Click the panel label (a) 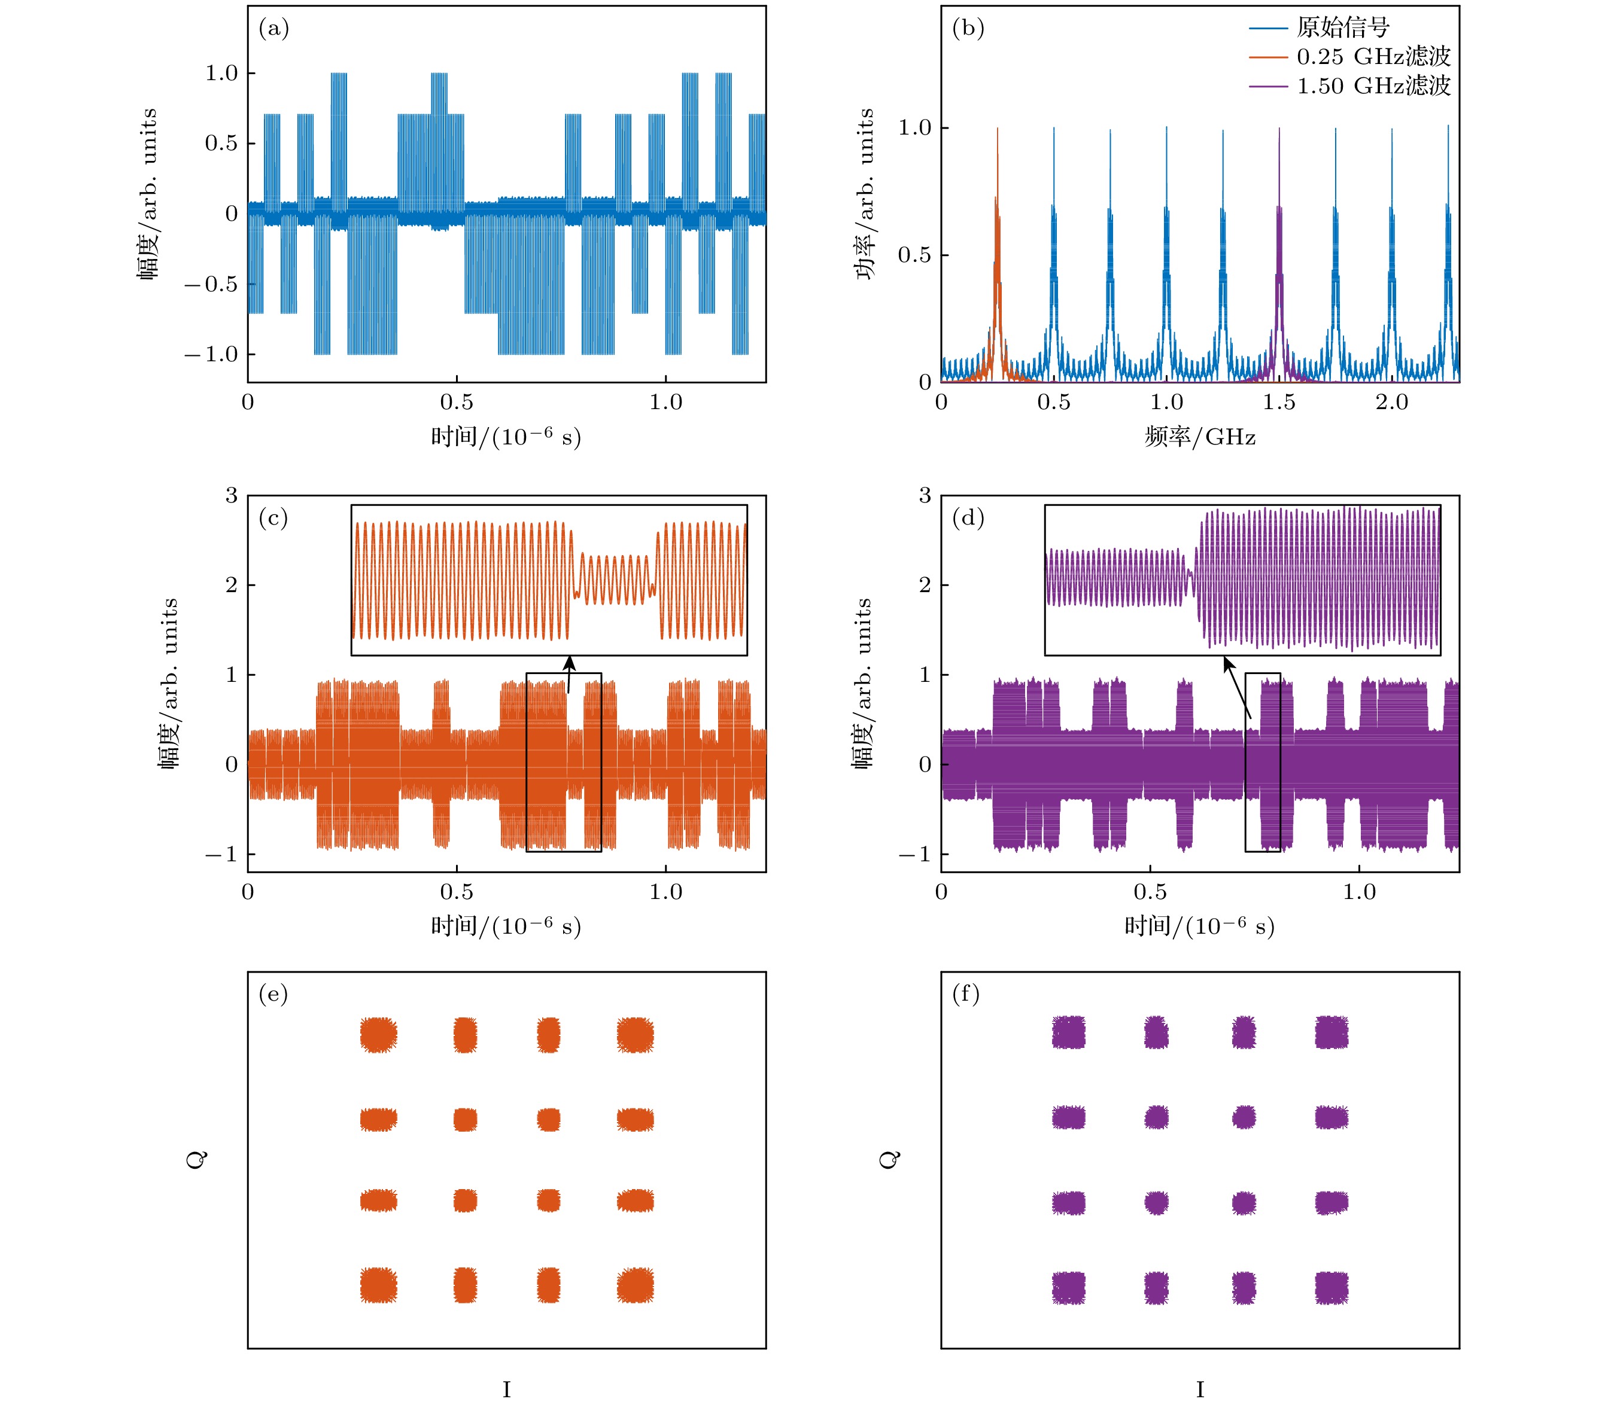[273, 29]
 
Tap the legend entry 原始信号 [1342, 28]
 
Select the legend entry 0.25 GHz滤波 [1373, 56]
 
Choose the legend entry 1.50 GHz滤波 [1373, 86]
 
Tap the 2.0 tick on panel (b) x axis [1391, 403]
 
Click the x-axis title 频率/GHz [1200, 437]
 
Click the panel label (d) [967, 519]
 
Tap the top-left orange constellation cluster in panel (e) [379, 1034]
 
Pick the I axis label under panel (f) [1200, 1389]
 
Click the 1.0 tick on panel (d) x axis [1359, 892]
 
